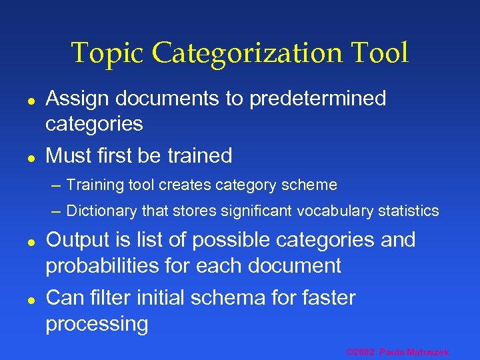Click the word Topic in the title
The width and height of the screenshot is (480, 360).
[107, 54]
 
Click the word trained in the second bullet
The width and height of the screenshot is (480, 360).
[199, 156]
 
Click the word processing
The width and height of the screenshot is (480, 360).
[97, 324]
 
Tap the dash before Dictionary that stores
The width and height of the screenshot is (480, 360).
[56, 211]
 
